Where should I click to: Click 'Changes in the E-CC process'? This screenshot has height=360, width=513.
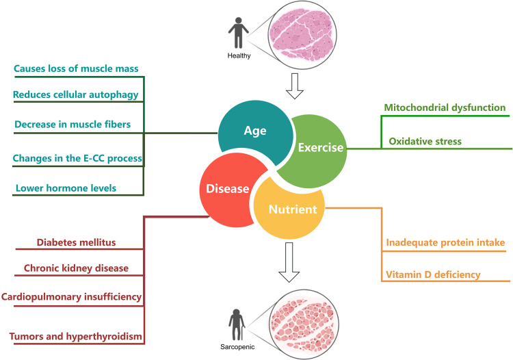(x=77, y=158)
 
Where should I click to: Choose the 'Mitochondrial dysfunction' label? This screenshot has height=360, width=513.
(x=444, y=107)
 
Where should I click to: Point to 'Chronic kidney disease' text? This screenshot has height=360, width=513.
(x=84, y=269)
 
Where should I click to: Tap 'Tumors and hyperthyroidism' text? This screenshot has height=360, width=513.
(x=77, y=336)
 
